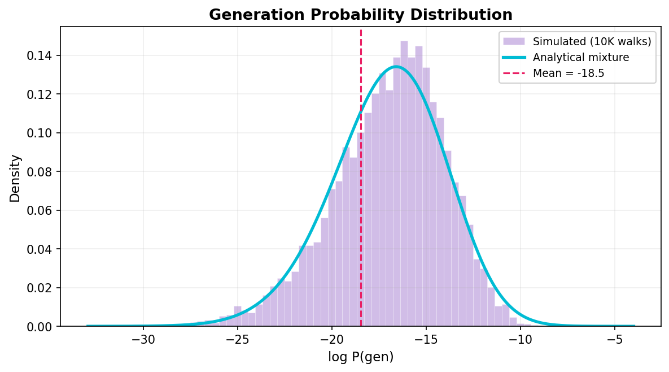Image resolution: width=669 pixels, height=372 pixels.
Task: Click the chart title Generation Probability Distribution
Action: (x=361, y=15)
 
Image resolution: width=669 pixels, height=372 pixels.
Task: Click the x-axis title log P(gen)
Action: (x=361, y=357)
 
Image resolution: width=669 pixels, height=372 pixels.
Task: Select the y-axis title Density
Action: (x=15, y=178)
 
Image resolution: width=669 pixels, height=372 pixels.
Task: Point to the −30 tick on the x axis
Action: (x=143, y=340)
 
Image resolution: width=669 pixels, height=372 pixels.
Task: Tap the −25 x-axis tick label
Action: (x=237, y=340)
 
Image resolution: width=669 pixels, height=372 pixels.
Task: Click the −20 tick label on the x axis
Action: (x=331, y=340)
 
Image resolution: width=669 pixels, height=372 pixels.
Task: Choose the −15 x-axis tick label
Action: (x=426, y=340)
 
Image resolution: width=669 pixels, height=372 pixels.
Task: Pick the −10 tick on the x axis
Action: (x=520, y=340)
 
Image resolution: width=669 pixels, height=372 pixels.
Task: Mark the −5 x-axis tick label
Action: (x=614, y=340)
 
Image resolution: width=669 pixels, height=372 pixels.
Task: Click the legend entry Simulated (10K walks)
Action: (x=592, y=41)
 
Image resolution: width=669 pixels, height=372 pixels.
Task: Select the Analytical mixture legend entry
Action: (x=581, y=57)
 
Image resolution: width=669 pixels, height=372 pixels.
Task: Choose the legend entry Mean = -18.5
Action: (x=569, y=73)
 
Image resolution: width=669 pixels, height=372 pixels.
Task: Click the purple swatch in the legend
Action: (x=513, y=41)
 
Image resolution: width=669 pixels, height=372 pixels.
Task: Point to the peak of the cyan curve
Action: (x=396, y=67)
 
